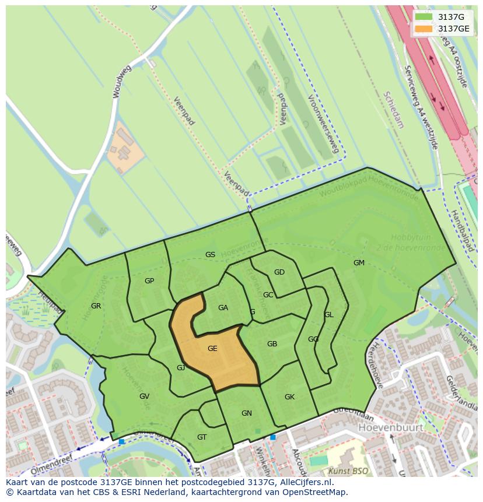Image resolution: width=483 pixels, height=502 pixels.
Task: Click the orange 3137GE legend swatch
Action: tap(424, 29)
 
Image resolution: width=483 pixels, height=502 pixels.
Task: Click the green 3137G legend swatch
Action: tap(424, 17)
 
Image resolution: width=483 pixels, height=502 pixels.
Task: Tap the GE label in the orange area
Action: tap(212, 349)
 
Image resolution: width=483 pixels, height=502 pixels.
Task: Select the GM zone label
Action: tap(359, 263)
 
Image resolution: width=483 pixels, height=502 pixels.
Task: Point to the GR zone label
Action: tap(96, 306)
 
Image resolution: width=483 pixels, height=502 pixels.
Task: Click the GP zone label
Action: tap(149, 281)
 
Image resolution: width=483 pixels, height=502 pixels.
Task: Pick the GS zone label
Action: tap(210, 255)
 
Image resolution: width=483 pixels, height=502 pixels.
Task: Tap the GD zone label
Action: tap(279, 272)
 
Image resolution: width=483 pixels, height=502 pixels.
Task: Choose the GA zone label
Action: tap(223, 308)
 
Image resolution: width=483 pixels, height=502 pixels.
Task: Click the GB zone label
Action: tap(272, 344)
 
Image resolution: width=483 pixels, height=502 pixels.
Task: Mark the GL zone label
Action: tap(329, 315)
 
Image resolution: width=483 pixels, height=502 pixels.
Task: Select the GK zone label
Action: tap(289, 397)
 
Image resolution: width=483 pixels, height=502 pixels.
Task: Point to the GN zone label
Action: tap(247, 413)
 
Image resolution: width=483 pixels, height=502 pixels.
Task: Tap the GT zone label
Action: tap(202, 437)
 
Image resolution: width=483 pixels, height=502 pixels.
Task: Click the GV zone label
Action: tap(144, 396)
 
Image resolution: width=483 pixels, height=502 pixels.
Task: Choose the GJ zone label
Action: tap(181, 367)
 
